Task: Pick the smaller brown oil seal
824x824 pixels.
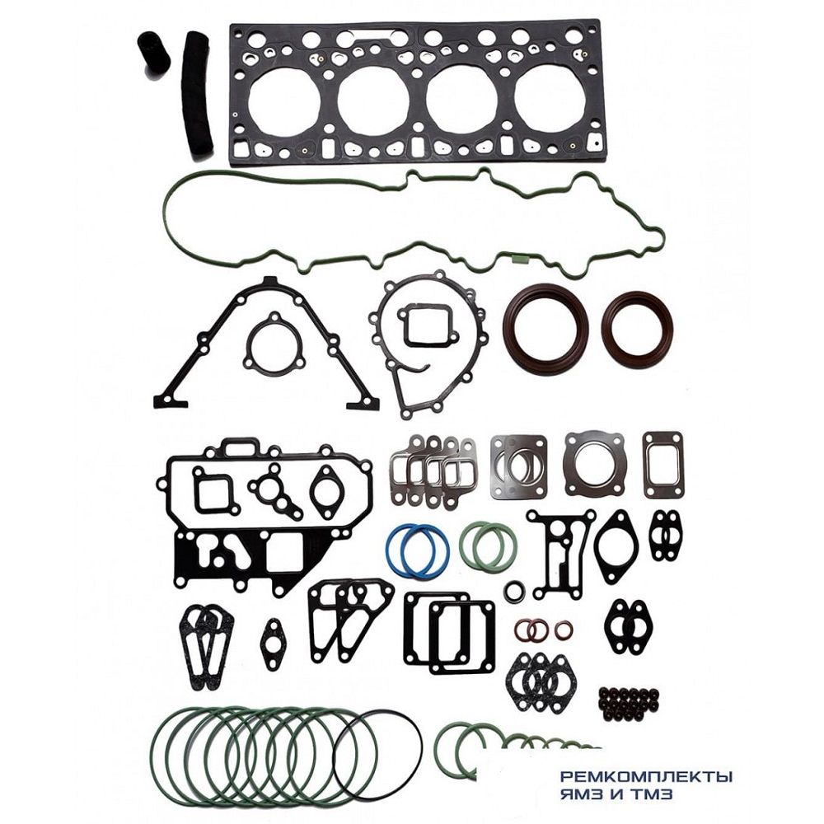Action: [x=637, y=329]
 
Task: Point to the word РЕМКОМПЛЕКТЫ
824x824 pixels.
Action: [x=646, y=776]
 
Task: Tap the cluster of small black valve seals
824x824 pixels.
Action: [x=630, y=702]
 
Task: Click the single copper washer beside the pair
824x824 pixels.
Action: [x=564, y=630]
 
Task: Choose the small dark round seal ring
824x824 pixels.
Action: [x=516, y=591]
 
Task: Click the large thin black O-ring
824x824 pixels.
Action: [x=378, y=754]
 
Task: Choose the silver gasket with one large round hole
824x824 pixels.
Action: [x=595, y=463]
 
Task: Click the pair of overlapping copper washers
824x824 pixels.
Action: [x=531, y=631]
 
